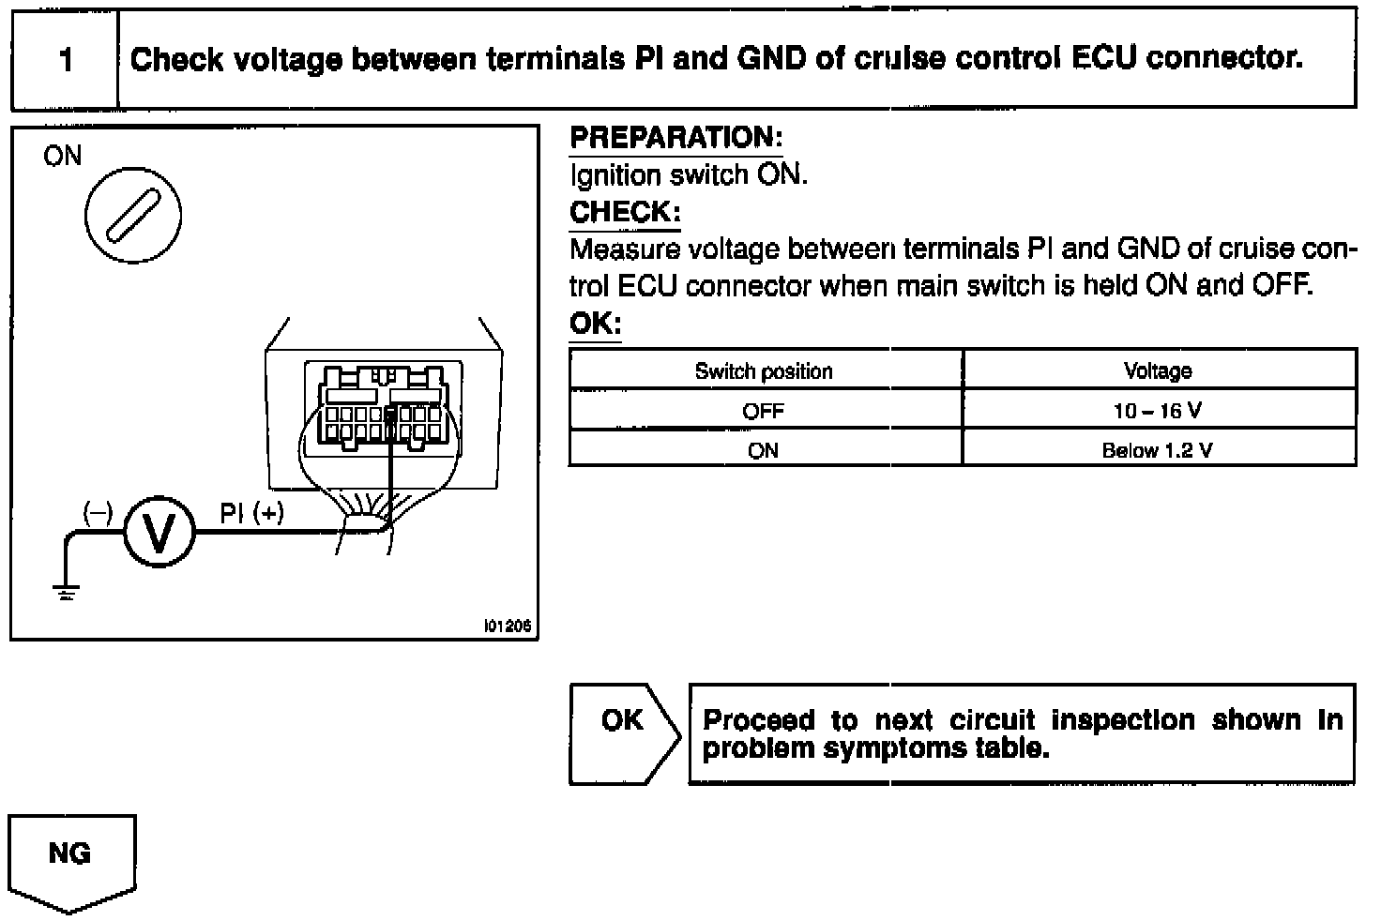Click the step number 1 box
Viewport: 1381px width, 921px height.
point(65,60)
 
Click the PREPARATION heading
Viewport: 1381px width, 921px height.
point(675,138)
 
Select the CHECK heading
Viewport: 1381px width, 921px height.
point(624,212)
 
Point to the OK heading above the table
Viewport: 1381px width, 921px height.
point(595,324)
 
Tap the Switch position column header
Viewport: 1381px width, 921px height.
point(764,371)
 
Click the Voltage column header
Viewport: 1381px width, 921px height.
point(1158,371)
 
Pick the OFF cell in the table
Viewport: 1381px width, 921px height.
point(764,411)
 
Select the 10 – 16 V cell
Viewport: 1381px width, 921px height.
point(1158,411)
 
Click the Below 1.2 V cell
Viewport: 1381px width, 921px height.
point(1158,450)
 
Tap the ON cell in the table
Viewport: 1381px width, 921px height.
point(764,450)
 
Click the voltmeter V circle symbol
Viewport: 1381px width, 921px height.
point(159,534)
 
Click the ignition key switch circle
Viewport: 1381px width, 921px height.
point(133,218)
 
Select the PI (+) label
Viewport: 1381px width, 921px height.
point(251,513)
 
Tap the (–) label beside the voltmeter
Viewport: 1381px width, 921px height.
point(98,513)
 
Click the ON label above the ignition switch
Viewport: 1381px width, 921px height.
point(63,156)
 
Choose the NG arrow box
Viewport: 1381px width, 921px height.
point(71,858)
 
